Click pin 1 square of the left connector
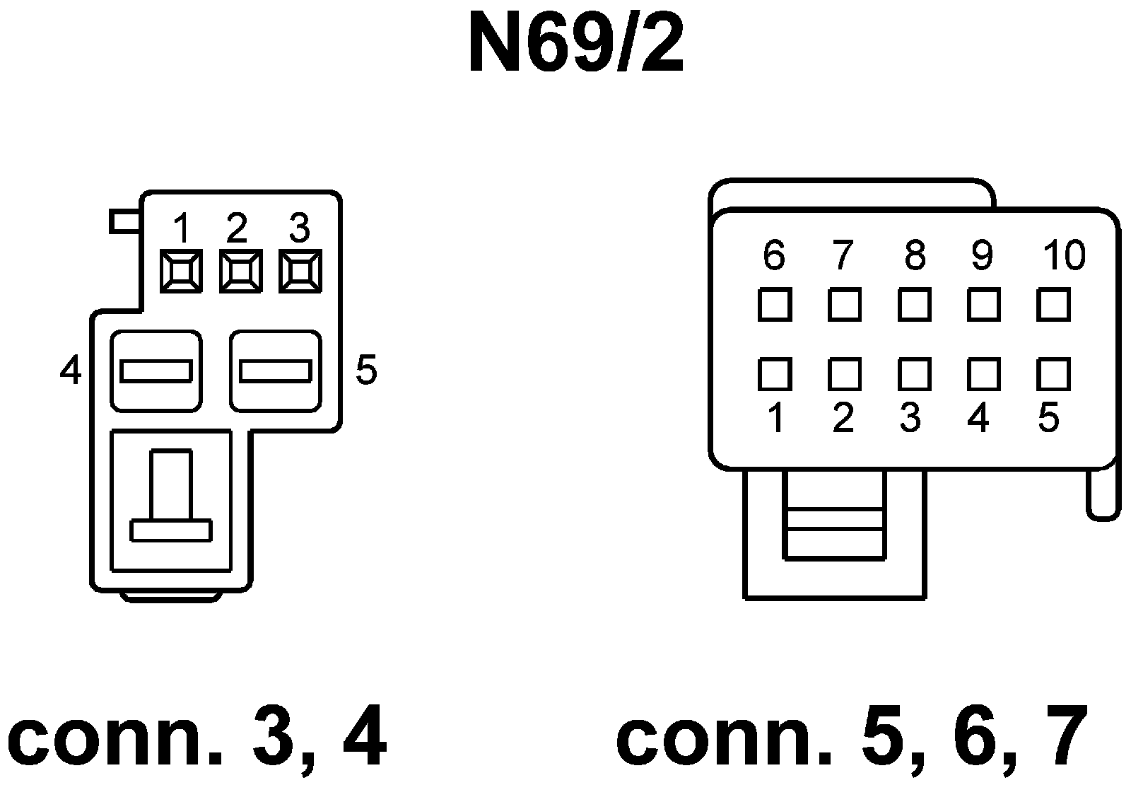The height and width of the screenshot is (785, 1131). [x=181, y=271]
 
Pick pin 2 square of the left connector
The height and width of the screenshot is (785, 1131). [x=240, y=271]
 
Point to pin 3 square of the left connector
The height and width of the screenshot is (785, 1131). [x=300, y=271]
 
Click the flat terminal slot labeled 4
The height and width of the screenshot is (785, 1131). [x=156, y=371]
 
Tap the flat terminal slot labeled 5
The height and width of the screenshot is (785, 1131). [x=276, y=371]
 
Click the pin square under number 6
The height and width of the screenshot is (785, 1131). [x=774, y=305]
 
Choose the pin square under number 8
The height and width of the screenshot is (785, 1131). [x=914, y=305]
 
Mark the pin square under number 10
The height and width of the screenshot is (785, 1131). [x=1053, y=305]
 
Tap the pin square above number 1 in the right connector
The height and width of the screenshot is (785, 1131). [x=774, y=374]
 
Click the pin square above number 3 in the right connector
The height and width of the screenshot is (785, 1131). [x=914, y=374]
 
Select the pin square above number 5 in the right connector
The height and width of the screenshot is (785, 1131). [x=1053, y=374]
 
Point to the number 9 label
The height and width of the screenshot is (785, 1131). [x=981, y=255]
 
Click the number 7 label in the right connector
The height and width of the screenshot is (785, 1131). [x=842, y=255]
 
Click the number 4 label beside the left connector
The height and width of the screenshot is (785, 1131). [x=70, y=370]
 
